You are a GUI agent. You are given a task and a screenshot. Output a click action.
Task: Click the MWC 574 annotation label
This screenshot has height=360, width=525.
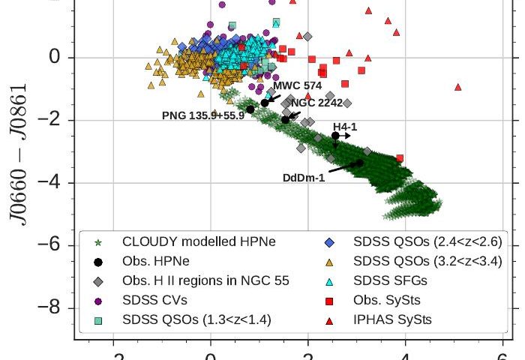coord(297,85)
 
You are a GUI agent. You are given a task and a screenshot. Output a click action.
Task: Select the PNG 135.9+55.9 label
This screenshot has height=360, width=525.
coord(203,115)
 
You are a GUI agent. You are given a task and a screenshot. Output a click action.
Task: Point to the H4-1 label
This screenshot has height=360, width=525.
coord(345,127)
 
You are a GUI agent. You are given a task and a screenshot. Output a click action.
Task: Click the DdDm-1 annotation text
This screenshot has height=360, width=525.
coord(304,178)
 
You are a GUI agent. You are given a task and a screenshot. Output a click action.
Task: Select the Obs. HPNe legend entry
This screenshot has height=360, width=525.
coord(153,262)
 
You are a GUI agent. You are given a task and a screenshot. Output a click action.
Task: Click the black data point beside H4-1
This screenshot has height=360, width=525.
coord(335,136)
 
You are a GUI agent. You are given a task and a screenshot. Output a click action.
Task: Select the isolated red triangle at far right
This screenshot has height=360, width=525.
coord(457,87)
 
